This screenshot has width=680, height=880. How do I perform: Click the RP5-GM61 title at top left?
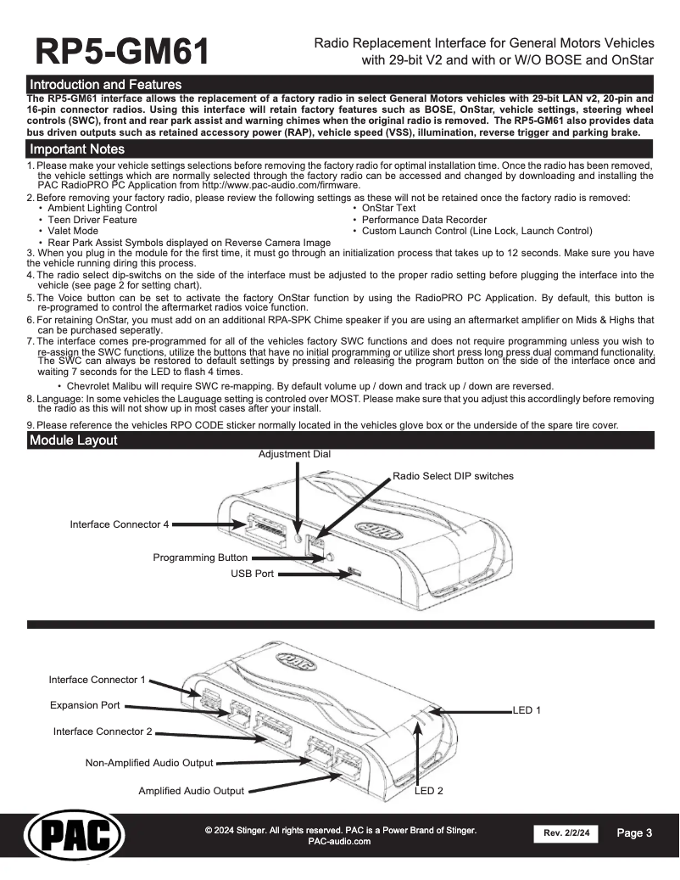tap(122, 52)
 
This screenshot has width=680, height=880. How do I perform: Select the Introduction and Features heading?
tap(105, 85)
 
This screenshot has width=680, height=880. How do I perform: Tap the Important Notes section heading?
tap(77, 149)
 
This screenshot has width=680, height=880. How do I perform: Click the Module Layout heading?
tap(73, 440)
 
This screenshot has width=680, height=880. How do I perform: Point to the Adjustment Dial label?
tap(294, 455)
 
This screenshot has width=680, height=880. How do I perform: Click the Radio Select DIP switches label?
tap(453, 476)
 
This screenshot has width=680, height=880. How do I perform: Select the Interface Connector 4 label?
tap(120, 524)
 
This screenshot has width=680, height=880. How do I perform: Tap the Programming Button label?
tap(200, 558)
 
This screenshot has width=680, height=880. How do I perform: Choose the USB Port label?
tap(253, 574)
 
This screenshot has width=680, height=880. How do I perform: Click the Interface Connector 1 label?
tap(98, 680)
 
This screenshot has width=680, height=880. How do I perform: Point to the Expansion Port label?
tap(85, 705)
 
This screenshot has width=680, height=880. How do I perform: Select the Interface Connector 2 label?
tap(103, 731)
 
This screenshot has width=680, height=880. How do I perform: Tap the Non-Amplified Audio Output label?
tap(149, 763)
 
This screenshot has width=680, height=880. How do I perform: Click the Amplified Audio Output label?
tap(191, 792)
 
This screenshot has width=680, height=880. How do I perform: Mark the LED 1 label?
tap(527, 709)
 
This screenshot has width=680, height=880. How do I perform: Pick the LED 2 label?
tap(428, 791)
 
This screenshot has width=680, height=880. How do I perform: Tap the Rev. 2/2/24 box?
tap(566, 834)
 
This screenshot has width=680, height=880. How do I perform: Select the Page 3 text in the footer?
tap(634, 833)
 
